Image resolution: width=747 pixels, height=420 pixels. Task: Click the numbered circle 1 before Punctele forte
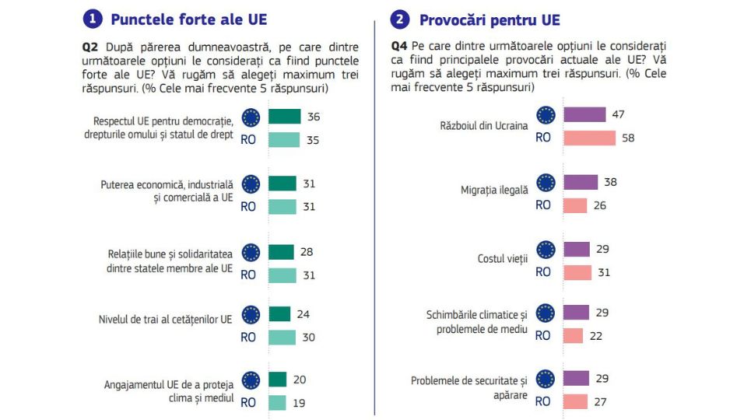(x=93, y=19)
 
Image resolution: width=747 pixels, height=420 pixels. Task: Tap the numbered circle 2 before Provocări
(x=401, y=19)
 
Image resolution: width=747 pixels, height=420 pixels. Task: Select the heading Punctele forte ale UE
(x=189, y=19)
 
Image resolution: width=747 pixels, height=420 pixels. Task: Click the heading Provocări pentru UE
(x=489, y=19)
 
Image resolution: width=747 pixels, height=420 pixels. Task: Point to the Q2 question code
(x=90, y=47)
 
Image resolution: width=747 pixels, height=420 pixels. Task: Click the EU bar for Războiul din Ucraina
(x=584, y=115)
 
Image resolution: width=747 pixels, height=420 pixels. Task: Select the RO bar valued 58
(x=589, y=138)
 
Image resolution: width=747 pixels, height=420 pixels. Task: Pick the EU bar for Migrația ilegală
(x=580, y=182)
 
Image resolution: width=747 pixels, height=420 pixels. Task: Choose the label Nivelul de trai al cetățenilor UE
(x=165, y=319)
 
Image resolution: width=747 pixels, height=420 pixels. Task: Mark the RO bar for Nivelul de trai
(x=282, y=338)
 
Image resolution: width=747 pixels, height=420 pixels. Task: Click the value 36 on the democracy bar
(x=314, y=117)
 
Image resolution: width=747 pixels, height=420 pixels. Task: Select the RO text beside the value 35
(x=248, y=141)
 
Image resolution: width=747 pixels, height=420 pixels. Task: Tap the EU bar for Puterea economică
(x=282, y=184)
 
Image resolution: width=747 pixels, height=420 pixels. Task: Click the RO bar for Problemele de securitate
(x=575, y=401)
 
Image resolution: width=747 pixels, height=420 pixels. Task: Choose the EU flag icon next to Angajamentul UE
(x=251, y=380)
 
